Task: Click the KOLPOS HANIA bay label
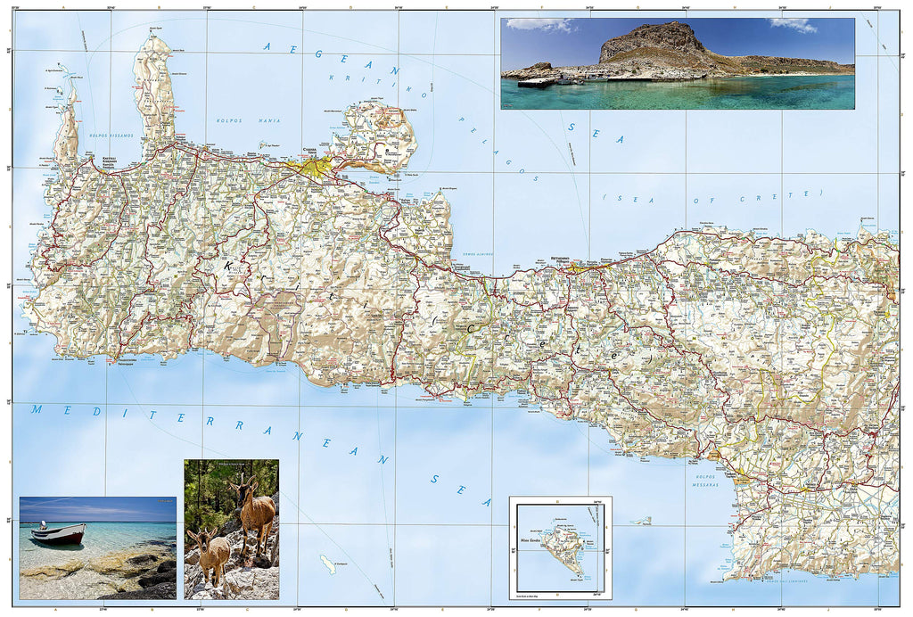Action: click(235, 120)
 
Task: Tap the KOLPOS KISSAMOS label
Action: click(110, 136)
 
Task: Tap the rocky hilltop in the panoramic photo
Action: click(648, 42)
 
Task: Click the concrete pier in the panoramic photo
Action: click(539, 82)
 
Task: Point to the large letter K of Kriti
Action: click(230, 266)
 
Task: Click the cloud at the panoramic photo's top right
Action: click(792, 25)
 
